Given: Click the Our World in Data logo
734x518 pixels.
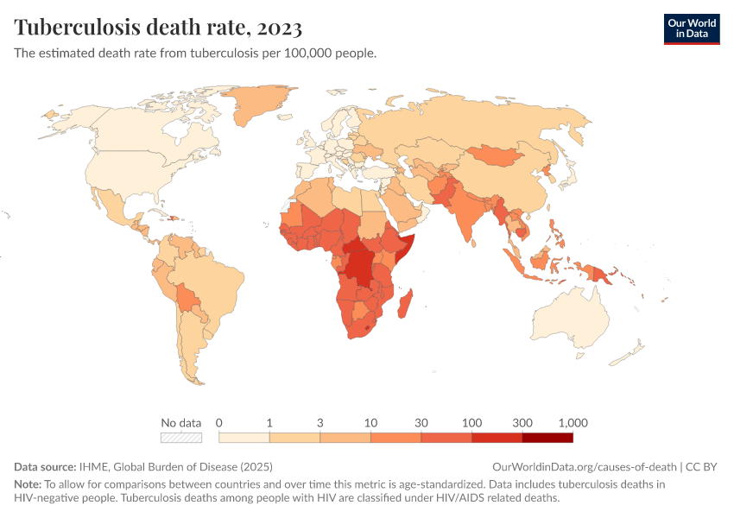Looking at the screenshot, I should pos(691,28).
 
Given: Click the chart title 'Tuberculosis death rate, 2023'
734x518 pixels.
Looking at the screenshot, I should pos(158,28).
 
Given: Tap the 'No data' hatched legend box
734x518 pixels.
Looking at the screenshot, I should pos(180,438).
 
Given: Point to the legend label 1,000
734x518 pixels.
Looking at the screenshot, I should pos(573,423).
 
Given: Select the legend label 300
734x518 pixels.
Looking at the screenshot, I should pos(522,423).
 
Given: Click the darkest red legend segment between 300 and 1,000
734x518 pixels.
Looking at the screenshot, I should pos(547,438).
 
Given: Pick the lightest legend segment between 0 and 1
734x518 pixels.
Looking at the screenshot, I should pos(244,438).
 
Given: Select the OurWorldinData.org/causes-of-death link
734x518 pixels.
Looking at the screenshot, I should pos(585,467).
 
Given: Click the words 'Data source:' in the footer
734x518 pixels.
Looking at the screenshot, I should pos(45,467).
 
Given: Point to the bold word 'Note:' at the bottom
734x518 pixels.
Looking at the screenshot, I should pos(28,484).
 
